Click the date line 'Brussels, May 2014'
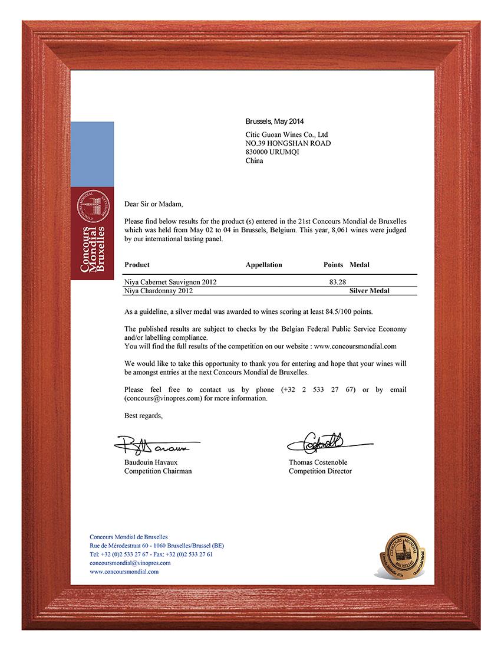coord(274,122)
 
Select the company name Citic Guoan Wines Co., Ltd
coord(286,134)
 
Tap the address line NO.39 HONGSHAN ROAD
coord(288,143)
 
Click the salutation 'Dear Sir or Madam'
coord(154,204)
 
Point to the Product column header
coord(137,265)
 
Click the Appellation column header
coord(263,265)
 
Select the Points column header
coord(333,265)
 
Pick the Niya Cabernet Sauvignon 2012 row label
coord(170,282)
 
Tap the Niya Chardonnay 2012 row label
coord(159,291)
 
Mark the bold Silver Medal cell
coord(369,291)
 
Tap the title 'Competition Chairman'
coord(157,471)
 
